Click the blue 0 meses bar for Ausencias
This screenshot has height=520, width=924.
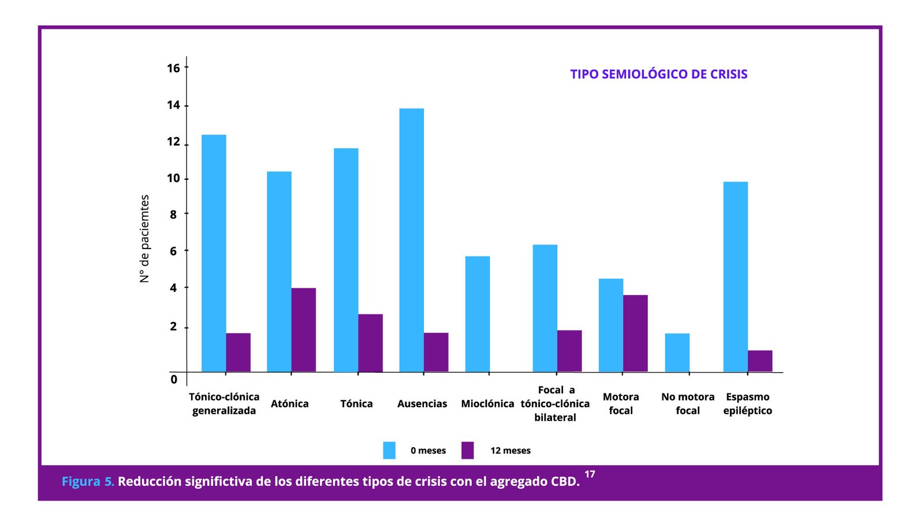pos(411,240)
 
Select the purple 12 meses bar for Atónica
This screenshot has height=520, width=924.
pos(303,329)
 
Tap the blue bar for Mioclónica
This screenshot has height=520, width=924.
pos(477,314)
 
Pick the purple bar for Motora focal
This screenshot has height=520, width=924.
pos(635,333)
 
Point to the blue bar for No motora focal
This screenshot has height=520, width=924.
pos(677,352)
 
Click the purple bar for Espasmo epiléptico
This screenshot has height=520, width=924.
pos(759,361)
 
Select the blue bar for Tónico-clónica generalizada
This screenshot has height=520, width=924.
pos(214,253)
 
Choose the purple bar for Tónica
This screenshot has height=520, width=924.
pos(370,343)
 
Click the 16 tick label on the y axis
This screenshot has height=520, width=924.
pos(173,68)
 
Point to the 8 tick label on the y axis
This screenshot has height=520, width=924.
pos(173,214)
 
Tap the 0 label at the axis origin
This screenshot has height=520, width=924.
pos(174,380)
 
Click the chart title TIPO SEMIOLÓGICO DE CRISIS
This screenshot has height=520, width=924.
pos(658,74)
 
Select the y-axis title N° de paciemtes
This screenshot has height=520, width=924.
pos(144,239)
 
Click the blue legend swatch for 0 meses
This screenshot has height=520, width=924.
pos(389,450)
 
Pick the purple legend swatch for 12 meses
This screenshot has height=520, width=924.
pos(467,450)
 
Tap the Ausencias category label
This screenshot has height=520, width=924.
pos(422,404)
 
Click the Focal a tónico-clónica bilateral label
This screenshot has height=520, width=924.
pos(555,403)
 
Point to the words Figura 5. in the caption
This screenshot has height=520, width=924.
pos(88,481)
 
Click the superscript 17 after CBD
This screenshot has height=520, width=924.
pos(590,474)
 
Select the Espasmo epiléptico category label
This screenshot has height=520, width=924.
pos(747,403)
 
